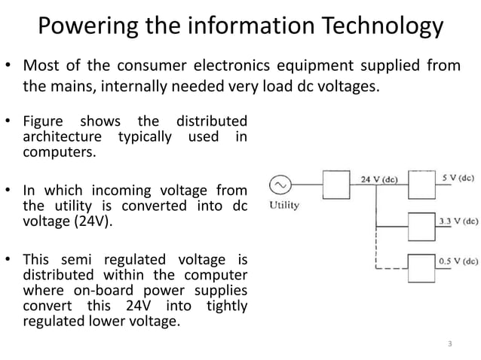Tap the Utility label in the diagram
(x=283, y=205)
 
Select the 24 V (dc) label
(x=379, y=179)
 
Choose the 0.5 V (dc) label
(x=458, y=261)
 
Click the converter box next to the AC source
(x=336, y=185)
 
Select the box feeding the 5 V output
(x=423, y=183)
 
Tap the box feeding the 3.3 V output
(x=423, y=225)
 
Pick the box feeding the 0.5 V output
(x=423, y=266)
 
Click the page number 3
(x=450, y=345)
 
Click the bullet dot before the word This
(x=10, y=261)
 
